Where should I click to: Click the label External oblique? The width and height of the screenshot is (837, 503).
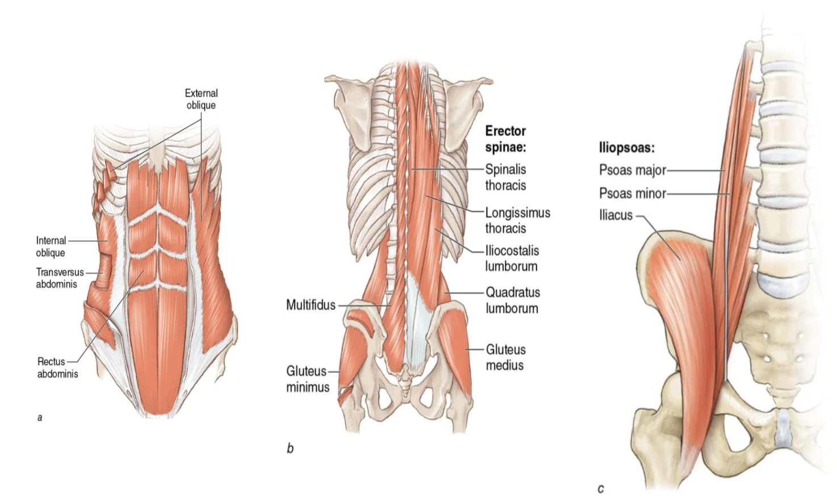click(x=201, y=99)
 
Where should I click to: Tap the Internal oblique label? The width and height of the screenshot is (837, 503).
click(x=51, y=246)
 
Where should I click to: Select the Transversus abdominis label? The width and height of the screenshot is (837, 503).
click(x=60, y=278)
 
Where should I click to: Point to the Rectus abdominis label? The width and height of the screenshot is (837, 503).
click(x=57, y=367)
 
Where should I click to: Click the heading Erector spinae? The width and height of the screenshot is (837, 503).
click(x=505, y=139)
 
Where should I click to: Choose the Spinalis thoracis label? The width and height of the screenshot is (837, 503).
click(x=505, y=177)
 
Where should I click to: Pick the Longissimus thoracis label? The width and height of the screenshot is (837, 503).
click(x=517, y=220)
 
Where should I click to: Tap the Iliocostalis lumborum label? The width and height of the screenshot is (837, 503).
click(x=512, y=258)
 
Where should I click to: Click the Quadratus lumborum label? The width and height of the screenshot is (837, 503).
click(x=512, y=300)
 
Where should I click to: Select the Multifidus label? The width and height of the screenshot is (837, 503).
click(x=311, y=305)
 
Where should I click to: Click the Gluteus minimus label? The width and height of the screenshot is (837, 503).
click(x=307, y=379)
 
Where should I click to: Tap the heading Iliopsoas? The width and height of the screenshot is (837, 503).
click(x=626, y=148)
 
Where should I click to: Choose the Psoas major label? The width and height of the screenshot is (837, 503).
click(x=632, y=170)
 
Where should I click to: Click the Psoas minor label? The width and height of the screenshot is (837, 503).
click(x=632, y=193)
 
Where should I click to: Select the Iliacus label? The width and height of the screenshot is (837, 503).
click(x=616, y=215)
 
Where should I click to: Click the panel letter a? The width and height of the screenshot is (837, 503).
click(x=40, y=418)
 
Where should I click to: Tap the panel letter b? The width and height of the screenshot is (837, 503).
click(x=290, y=448)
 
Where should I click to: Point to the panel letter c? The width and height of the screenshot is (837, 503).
click(x=601, y=488)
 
